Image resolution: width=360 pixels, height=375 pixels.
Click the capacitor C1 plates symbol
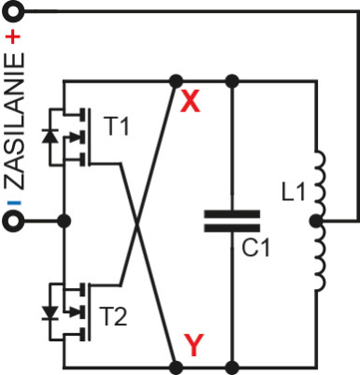(231, 223)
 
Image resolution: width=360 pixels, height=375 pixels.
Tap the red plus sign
(13, 37)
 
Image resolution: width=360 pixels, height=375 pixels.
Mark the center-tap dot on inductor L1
(317, 223)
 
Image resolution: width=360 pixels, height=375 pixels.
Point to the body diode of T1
(50, 135)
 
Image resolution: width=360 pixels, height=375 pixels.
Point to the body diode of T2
(50, 308)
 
